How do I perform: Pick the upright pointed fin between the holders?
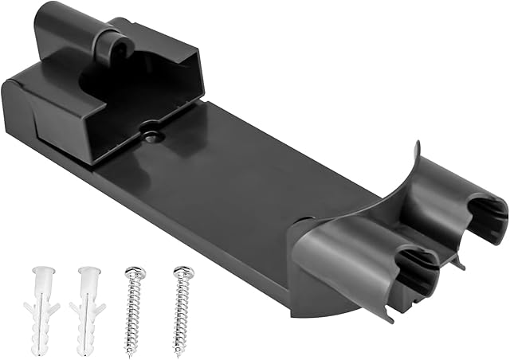(417, 159)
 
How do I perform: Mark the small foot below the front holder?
(388, 314)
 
